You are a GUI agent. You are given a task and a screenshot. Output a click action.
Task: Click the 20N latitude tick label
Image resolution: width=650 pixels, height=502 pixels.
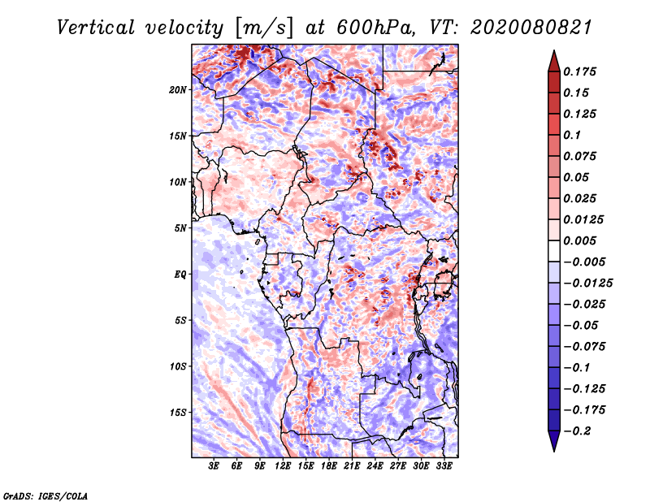pos(178,89)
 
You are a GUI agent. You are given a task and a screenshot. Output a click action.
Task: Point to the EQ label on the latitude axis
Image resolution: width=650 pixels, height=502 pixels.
pos(181,275)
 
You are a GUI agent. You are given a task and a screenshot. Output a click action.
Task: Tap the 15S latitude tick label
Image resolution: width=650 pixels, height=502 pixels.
pos(178,413)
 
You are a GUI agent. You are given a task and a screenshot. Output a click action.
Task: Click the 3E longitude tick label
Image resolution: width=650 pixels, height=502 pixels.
pos(214,467)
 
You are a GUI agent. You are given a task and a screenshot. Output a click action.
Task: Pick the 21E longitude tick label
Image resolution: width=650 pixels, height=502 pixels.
pos(352,467)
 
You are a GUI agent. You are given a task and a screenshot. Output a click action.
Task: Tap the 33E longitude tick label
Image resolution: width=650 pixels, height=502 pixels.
pos(444,467)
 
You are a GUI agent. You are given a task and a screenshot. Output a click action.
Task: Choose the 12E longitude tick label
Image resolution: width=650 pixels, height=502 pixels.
pos(283,467)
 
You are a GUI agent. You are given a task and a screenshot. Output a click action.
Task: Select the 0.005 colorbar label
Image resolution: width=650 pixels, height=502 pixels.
pos(581,240)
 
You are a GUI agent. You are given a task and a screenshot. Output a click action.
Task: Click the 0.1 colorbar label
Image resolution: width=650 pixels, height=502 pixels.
pos(573,135)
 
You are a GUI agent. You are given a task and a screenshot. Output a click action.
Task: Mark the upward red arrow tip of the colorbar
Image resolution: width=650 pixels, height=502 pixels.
pos(553,53)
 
